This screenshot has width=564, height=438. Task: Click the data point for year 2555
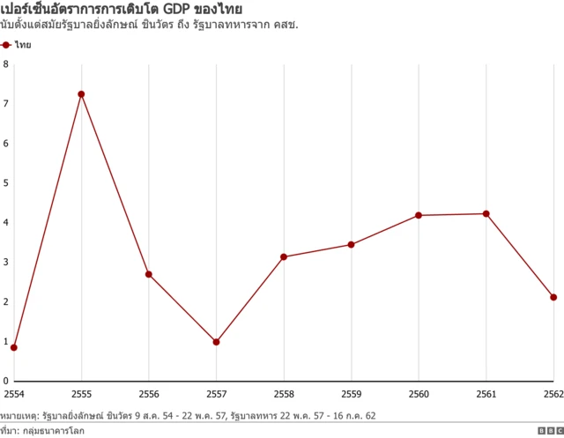(81, 94)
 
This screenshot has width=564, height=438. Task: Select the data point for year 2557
(216, 342)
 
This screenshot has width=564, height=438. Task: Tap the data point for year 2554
(14, 347)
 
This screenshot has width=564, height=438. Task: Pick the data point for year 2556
(149, 274)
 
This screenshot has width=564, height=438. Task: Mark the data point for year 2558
(284, 256)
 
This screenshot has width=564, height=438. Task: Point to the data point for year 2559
(352, 244)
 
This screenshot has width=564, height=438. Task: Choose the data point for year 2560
(419, 215)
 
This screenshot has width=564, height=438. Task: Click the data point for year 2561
(486, 214)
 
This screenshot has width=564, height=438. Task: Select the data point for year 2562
(553, 297)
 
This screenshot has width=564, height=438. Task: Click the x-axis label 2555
(81, 393)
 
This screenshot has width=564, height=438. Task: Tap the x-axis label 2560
(419, 393)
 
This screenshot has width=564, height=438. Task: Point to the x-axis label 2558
(284, 393)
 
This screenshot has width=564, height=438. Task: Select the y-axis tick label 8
(5, 64)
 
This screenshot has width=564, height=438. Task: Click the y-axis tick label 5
(5, 183)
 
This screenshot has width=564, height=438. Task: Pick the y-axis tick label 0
(5, 381)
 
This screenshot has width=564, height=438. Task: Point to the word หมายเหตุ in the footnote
(18, 414)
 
